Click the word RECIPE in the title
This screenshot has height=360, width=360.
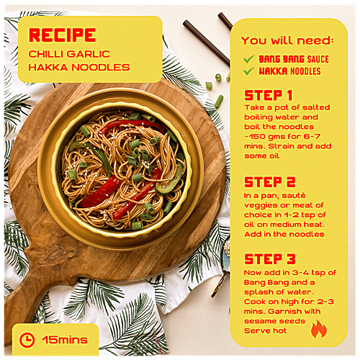[x=63, y=35]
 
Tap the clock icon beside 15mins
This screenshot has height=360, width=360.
[x=27, y=340]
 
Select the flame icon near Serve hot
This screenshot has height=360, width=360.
[x=319, y=329]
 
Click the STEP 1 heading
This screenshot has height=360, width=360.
[x=269, y=95]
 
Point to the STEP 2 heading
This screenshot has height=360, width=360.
[x=270, y=182]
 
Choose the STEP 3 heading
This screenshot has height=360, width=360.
[x=270, y=259]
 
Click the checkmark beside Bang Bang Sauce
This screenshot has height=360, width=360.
[x=248, y=59]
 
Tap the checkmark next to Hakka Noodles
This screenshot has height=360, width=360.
[x=248, y=71]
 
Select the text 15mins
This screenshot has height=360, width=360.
[x=65, y=340]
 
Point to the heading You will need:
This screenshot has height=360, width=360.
[x=287, y=40]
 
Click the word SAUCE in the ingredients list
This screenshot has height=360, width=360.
[x=318, y=59]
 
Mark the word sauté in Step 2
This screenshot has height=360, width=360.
[x=294, y=196]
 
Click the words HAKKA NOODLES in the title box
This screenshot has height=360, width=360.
[x=79, y=67]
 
